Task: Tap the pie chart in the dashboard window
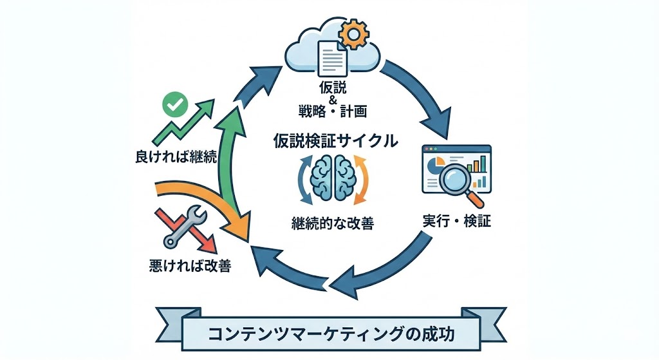click(438, 160)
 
